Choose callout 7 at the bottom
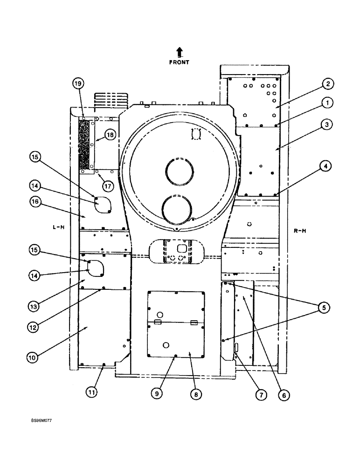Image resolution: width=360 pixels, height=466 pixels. click(261, 395)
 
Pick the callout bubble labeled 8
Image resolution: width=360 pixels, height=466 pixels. click(196, 395)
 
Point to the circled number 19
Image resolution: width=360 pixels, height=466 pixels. click(78, 83)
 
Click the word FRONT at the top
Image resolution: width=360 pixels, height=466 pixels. click(179, 62)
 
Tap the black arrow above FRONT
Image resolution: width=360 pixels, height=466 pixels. click(180, 52)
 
